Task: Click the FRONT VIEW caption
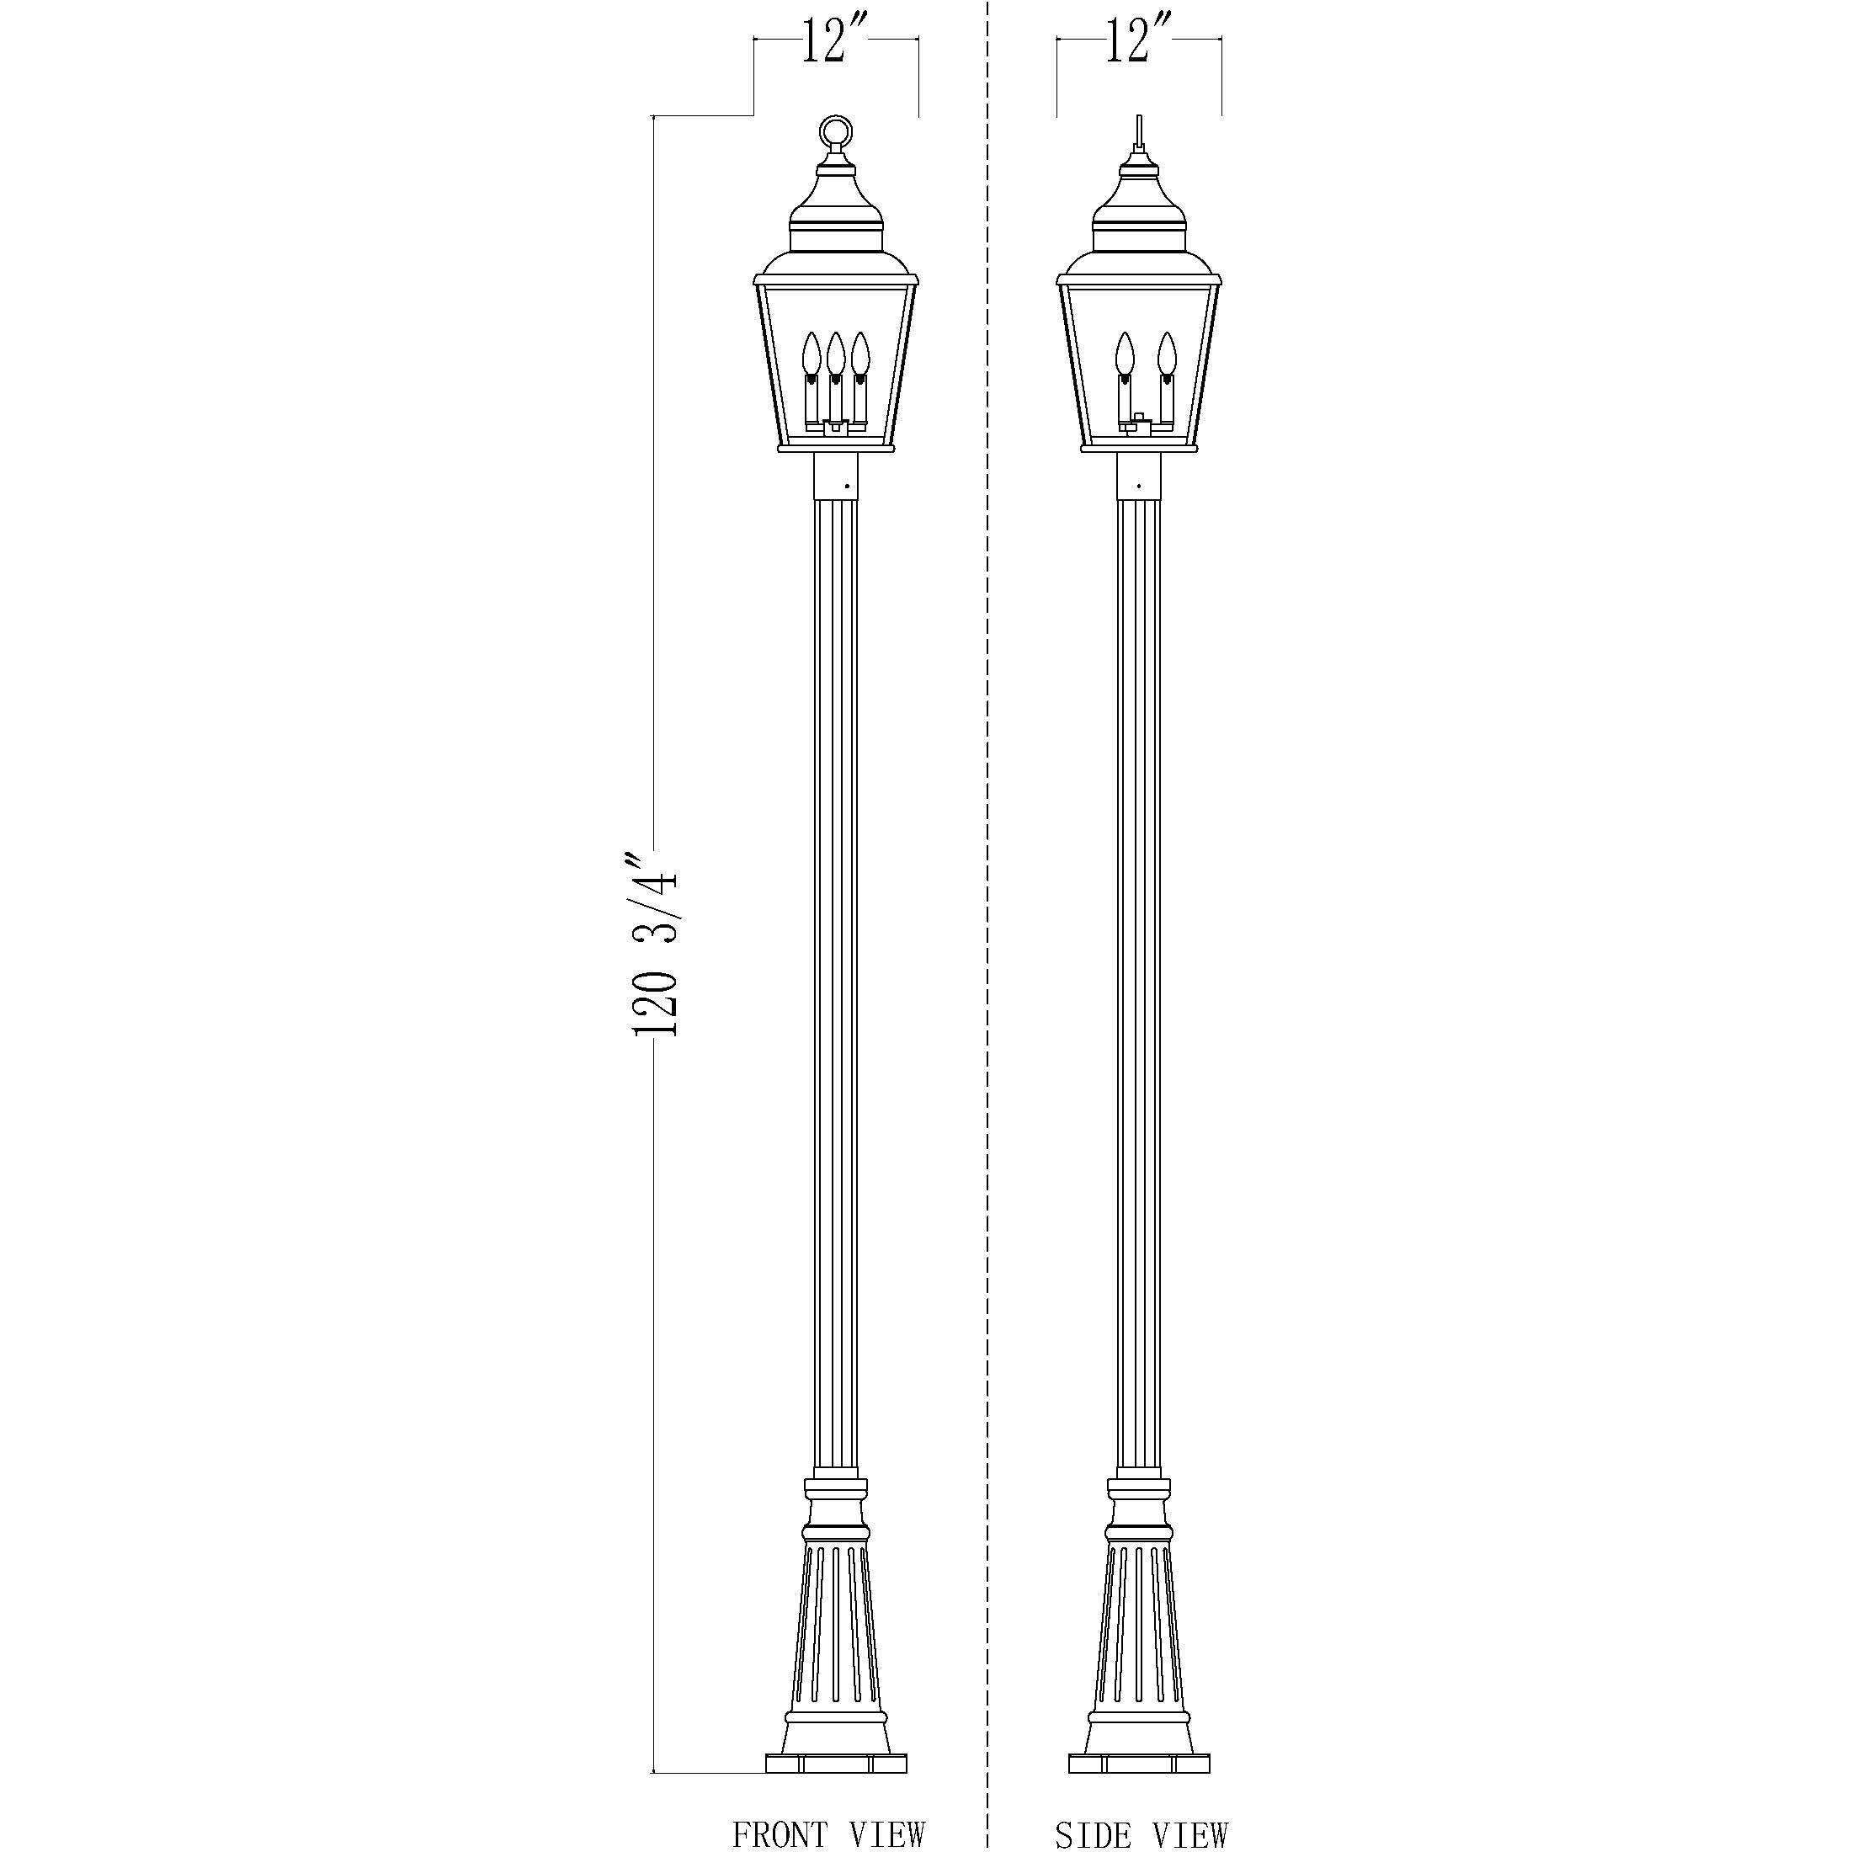[828, 1833]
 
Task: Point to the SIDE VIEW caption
[1141, 1833]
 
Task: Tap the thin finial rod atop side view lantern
[1138, 131]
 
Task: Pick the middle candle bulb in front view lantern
[836, 354]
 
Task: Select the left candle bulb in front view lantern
[812, 354]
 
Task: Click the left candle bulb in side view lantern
[1125, 354]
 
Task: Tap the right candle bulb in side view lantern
[1166, 354]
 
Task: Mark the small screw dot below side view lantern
[1139, 486]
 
